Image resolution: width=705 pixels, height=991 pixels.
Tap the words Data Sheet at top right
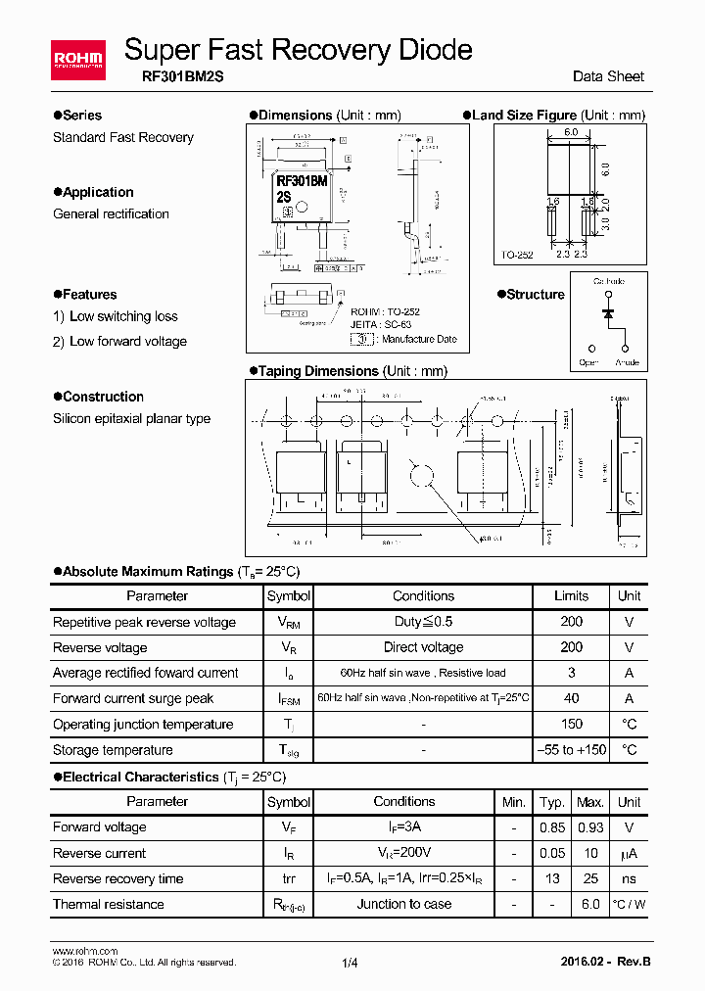pyautogui.click(x=608, y=76)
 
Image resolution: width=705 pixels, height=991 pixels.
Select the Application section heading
pyautogui.click(x=98, y=192)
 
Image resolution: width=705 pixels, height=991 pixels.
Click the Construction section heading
pyautogui.click(x=103, y=397)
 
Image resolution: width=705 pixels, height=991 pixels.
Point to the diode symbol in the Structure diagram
pyautogui.click(x=608, y=313)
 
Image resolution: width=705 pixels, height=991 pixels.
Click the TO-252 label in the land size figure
pyautogui.click(x=517, y=255)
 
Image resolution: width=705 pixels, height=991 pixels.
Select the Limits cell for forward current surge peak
pyautogui.click(x=571, y=698)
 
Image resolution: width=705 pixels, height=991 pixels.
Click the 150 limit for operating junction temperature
pyautogui.click(x=571, y=724)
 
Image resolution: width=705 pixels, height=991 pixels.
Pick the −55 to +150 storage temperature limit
pyautogui.click(x=571, y=750)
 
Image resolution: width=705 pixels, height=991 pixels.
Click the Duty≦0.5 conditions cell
pyautogui.click(x=423, y=622)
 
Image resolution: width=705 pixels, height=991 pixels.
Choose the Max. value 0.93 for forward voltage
pyautogui.click(x=589, y=827)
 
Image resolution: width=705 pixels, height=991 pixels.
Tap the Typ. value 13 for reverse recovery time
pyautogui.click(x=552, y=878)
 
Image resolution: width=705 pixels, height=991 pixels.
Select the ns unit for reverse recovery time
pyautogui.click(x=629, y=878)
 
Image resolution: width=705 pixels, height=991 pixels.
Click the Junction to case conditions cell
pyautogui.click(x=403, y=904)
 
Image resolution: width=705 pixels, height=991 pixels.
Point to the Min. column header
pyautogui.click(x=514, y=802)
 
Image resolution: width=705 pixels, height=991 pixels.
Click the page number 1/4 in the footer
pyautogui.click(x=351, y=963)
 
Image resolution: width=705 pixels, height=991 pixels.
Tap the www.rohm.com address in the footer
pyautogui.click(x=84, y=951)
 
